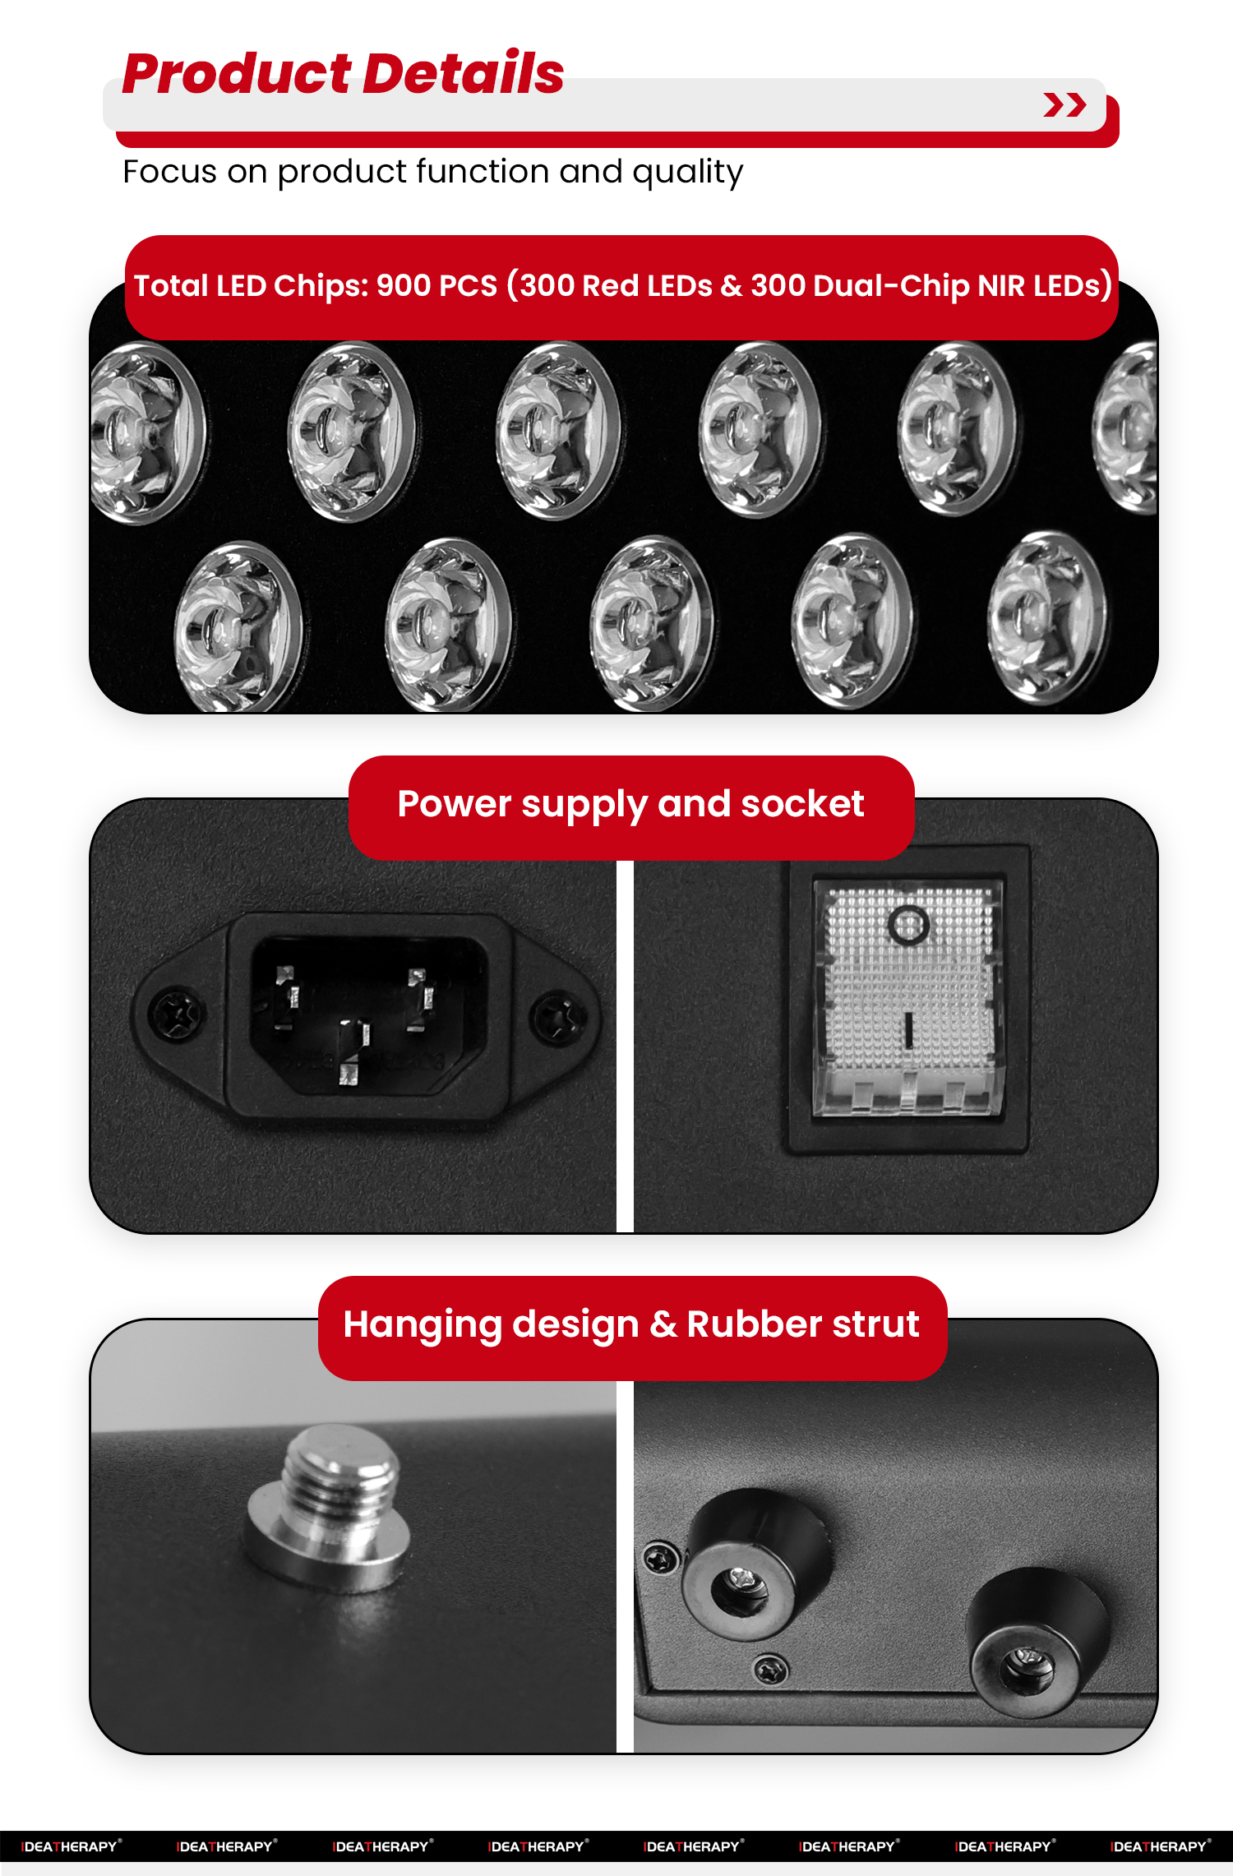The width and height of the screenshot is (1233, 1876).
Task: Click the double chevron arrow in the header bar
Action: pyautogui.click(x=1064, y=105)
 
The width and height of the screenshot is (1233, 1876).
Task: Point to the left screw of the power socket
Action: pyautogui.click(x=175, y=1014)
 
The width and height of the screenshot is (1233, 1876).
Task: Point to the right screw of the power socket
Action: pyautogui.click(x=556, y=1018)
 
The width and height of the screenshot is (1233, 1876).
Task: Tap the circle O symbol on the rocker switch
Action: pyautogui.click(x=908, y=926)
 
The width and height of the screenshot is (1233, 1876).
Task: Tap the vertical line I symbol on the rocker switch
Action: pyautogui.click(x=908, y=1030)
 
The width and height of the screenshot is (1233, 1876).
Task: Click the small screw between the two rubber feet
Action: pyautogui.click(x=771, y=1669)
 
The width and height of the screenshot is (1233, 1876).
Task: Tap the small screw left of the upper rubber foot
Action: pyautogui.click(x=660, y=1558)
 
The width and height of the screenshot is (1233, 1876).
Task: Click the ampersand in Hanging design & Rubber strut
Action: pyautogui.click(x=663, y=1324)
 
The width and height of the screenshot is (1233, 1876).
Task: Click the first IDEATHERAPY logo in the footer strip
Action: pyautogui.click(x=71, y=1846)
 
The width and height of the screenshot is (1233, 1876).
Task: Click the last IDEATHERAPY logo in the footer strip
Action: pyautogui.click(x=1160, y=1846)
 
